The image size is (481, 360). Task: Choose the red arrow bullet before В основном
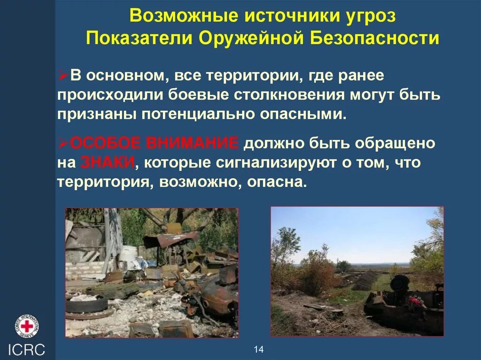pyautogui.click(x=64, y=75)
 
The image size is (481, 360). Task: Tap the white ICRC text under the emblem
pyautogui.click(x=27, y=350)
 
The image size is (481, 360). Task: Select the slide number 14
pyautogui.click(x=259, y=349)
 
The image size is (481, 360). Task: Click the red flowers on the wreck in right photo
pyautogui.click(x=414, y=300)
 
